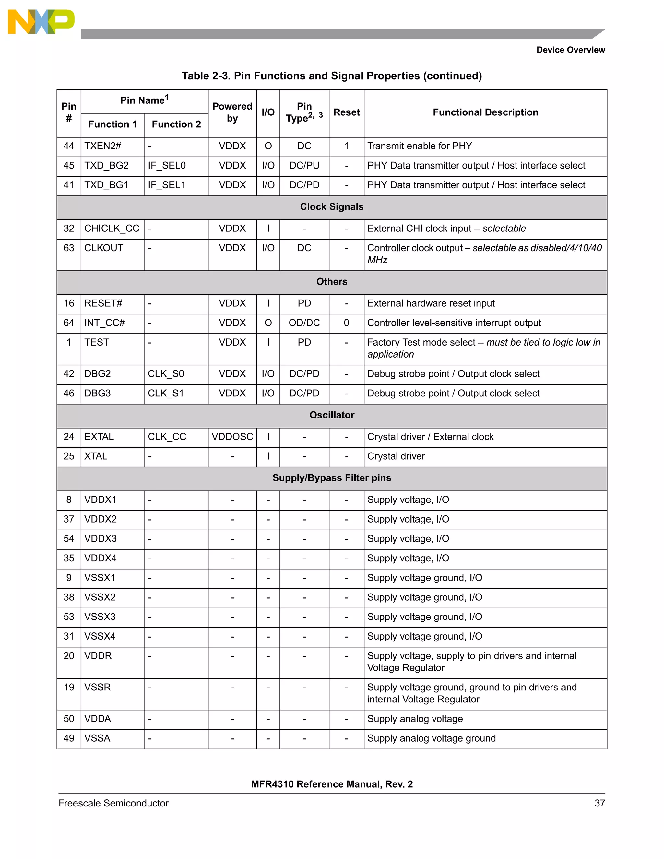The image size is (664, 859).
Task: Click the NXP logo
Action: coord(41,22)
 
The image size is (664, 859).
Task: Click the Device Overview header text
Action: coord(570,50)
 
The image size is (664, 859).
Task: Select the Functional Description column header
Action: coord(485,112)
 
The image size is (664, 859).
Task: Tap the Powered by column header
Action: coord(232,112)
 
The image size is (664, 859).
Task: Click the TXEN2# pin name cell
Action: coord(103,146)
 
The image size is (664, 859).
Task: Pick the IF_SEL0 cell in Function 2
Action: coord(166,166)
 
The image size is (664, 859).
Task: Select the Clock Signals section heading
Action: coord(332,207)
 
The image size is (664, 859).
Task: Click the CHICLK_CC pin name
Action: coord(112,229)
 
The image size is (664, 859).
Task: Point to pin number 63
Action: coord(69,248)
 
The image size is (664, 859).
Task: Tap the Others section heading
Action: coord(332,282)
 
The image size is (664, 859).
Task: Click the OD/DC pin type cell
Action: coord(304,323)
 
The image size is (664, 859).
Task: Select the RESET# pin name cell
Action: coord(103,303)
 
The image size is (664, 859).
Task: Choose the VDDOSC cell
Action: coord(232,437)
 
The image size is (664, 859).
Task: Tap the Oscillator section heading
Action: coord(332,415)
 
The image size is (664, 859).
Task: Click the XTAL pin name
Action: coord(96,456)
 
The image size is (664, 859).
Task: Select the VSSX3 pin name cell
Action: coord(100,617)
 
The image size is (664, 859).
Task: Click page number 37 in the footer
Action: coord(599,803)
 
